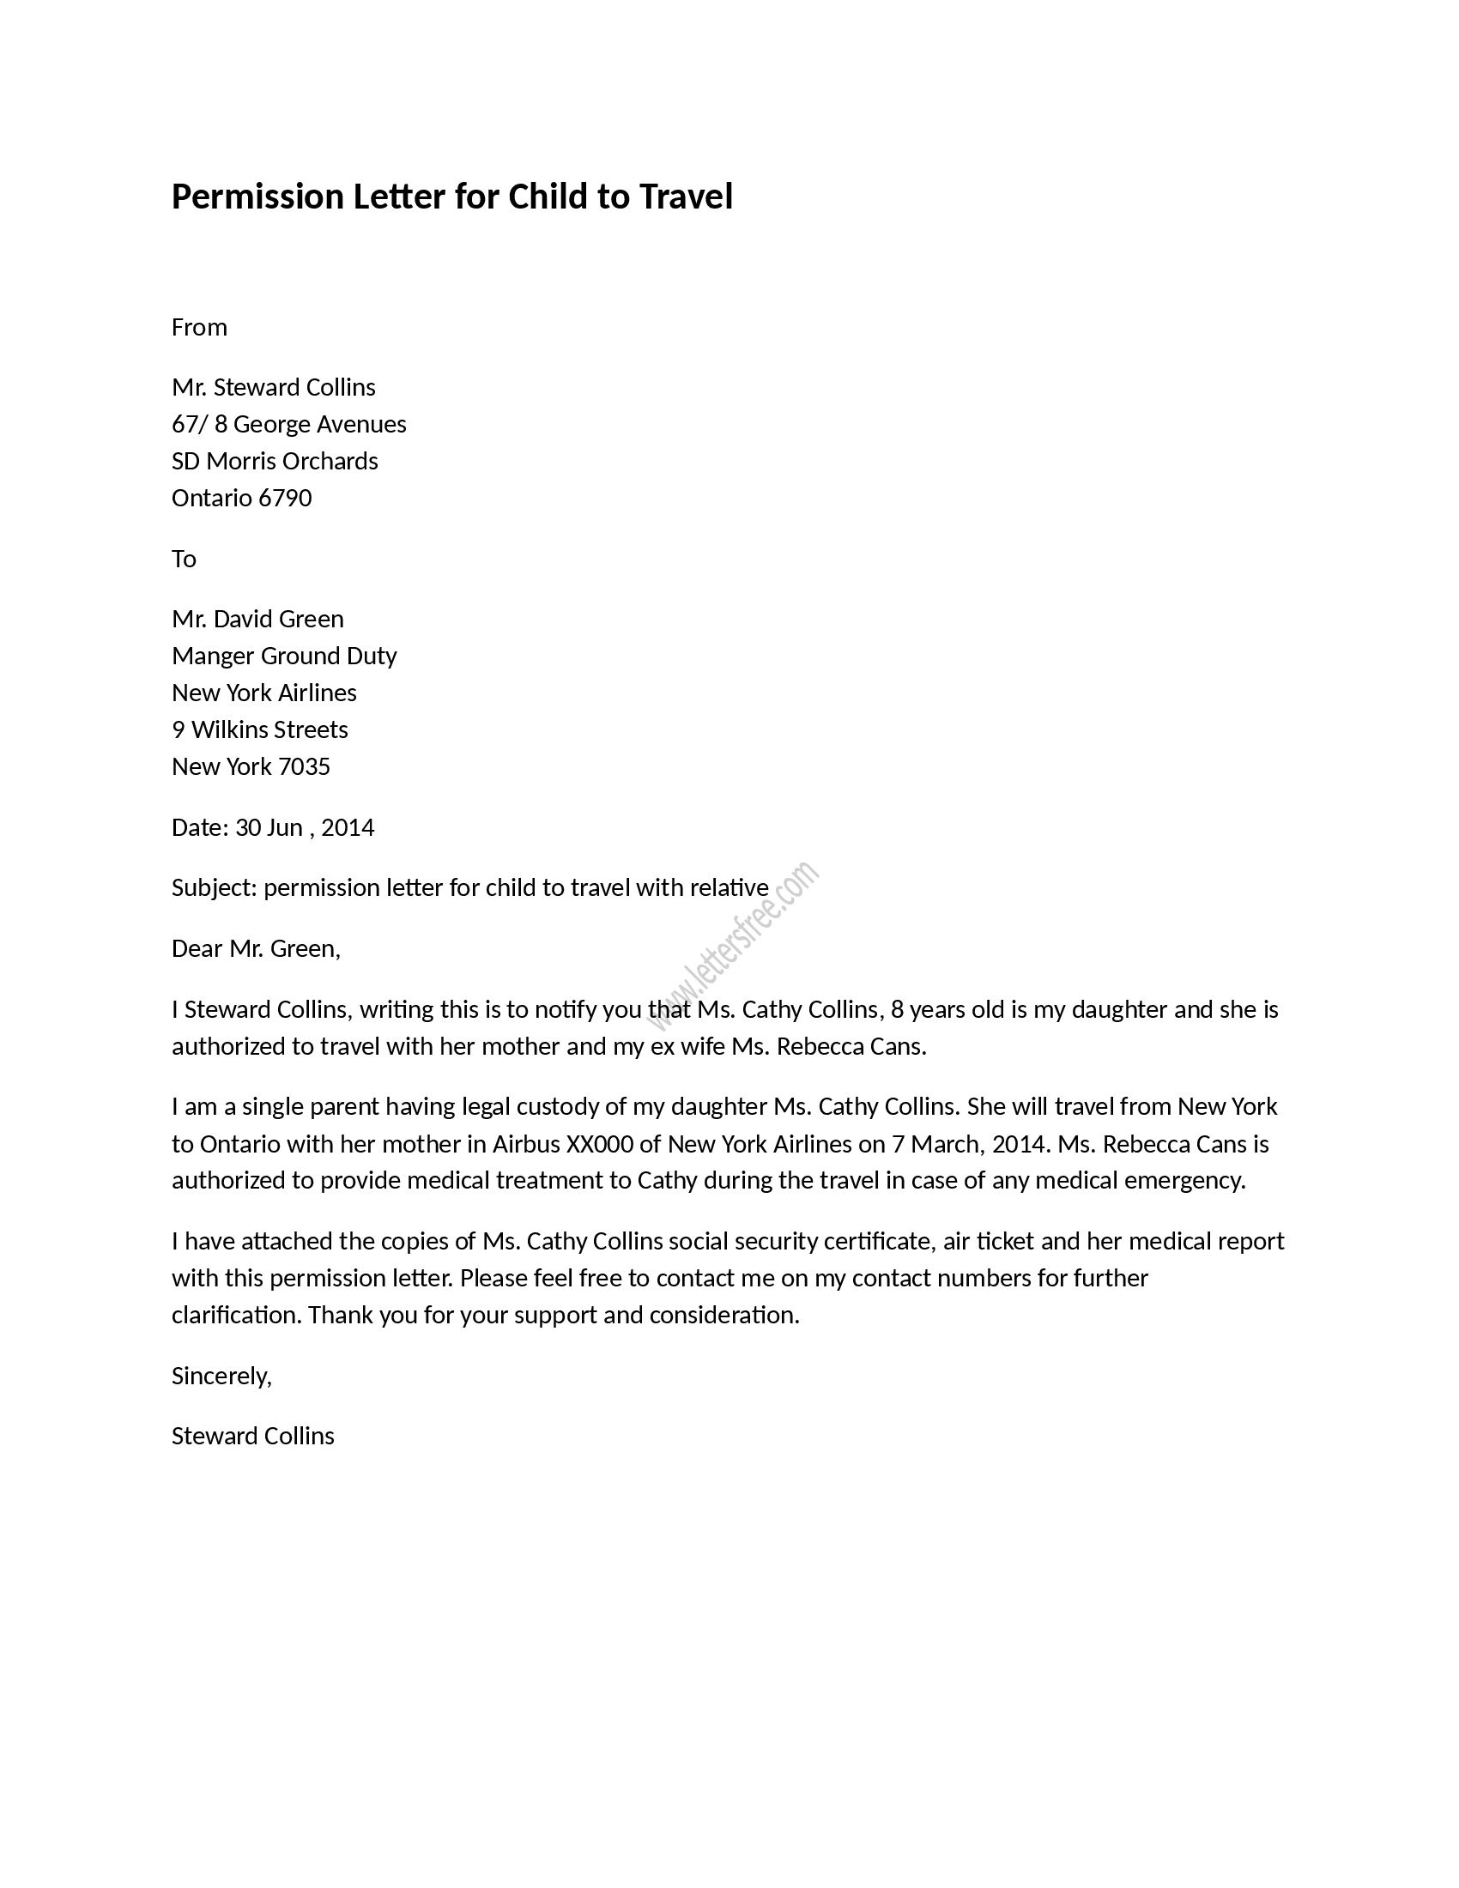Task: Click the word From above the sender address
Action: [x=199, y=327]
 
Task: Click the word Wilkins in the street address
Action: [x=231, y=729]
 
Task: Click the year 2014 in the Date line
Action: [x=348, y=828]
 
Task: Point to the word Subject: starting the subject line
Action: [x=215, y=889]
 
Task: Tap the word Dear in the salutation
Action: [x=197, y=949]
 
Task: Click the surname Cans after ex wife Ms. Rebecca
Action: [x=898, y=1047]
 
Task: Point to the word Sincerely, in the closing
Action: [x=221, y=1377]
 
